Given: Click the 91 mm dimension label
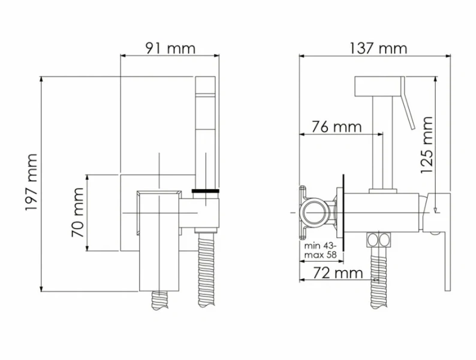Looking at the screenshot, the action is click(x=170, y=49).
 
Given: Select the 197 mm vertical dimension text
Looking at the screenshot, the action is click(x=32, y=182).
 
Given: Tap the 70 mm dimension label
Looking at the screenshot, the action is click(x=78, y=212).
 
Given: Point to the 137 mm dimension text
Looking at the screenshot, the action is click(x=378, y=49).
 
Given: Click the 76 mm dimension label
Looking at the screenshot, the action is click(x=337, y=127).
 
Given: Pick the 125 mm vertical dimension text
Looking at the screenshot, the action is click(x=426, y=145).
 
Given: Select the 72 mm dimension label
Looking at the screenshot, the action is click(x=338, y=273).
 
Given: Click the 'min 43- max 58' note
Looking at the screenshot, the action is click(x=321, y=250).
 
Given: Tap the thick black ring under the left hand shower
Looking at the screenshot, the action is click(x=206, y=191).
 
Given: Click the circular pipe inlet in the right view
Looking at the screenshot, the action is click(x=316, y=212).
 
